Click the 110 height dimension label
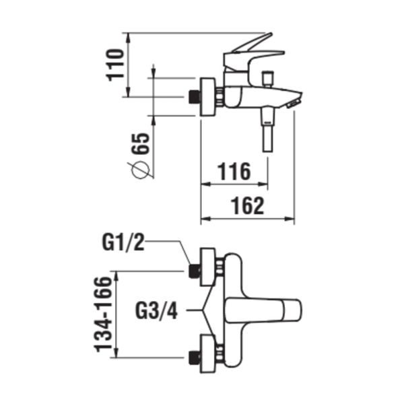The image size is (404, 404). [116, 63]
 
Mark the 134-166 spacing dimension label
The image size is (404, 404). [103, 313]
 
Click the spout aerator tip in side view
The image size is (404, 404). [293, 103]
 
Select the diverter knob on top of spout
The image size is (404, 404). [270, 77]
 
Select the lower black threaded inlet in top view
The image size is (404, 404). [195, 356]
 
